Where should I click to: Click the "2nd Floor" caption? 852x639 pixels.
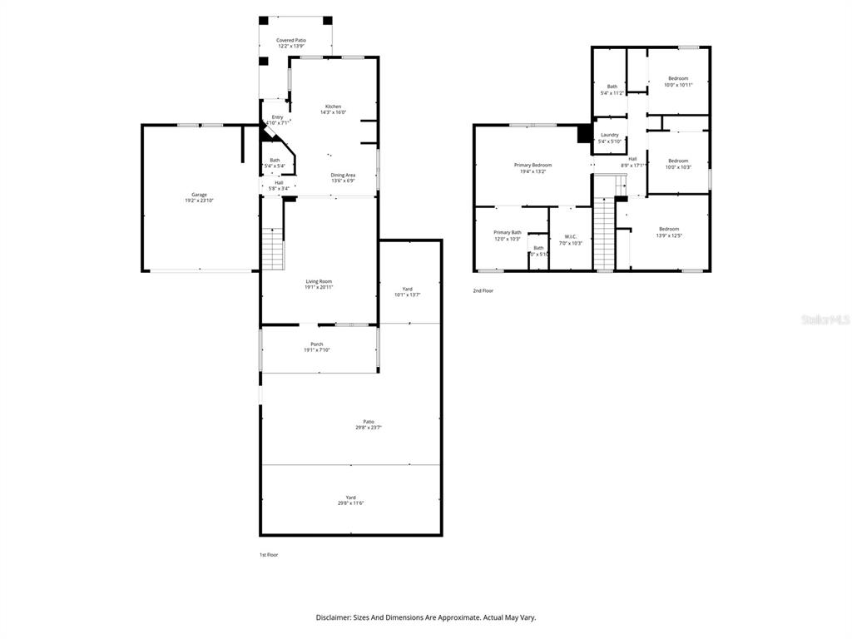click(x=483, y=290)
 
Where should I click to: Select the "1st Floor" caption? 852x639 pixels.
click(x=268, y=554)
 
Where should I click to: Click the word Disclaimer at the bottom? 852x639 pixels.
click(x=336, y=617)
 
